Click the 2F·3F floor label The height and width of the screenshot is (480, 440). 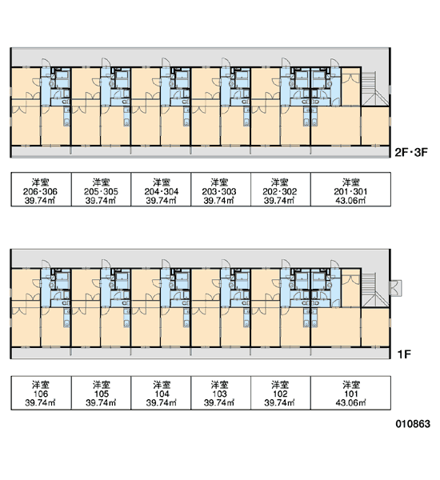411,152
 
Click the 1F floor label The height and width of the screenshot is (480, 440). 404,354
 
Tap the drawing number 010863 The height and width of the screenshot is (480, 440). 413,424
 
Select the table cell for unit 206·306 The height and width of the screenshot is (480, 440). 41,189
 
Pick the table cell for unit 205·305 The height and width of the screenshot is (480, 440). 101,189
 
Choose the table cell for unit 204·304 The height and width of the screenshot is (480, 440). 161,189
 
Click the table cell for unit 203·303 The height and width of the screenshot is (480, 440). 221,189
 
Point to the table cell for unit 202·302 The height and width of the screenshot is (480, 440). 281,189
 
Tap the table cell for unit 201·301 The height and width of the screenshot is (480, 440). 350,189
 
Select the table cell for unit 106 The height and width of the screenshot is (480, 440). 41,393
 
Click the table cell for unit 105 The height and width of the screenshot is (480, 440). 101,393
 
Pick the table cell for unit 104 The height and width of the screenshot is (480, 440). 161,393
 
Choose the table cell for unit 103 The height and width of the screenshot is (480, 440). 221,393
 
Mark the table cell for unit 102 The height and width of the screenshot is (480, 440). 281,393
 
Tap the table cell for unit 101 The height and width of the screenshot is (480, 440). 350,393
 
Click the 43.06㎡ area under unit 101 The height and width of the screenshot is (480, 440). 350,402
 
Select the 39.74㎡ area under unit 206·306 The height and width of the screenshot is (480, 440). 40,201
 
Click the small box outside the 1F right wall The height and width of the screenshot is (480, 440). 395,288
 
